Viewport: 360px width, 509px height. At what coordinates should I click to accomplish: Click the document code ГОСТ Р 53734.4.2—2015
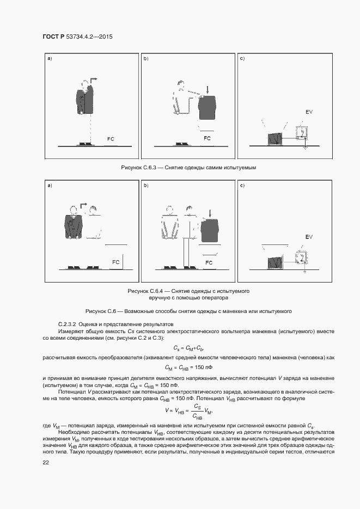click(77, 37)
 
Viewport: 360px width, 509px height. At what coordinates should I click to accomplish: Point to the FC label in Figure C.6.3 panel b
click(207, 138)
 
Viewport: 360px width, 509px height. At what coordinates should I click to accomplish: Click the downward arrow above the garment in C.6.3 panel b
click(207, 88)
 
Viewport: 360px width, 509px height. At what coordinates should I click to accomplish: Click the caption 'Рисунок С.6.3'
click(188, 168)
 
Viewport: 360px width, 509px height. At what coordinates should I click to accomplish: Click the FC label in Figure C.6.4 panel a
click(115, 262)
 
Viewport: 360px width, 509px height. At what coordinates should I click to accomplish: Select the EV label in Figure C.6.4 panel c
click(309, 237)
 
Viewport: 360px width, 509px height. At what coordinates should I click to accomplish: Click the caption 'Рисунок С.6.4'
click(188, 292)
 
